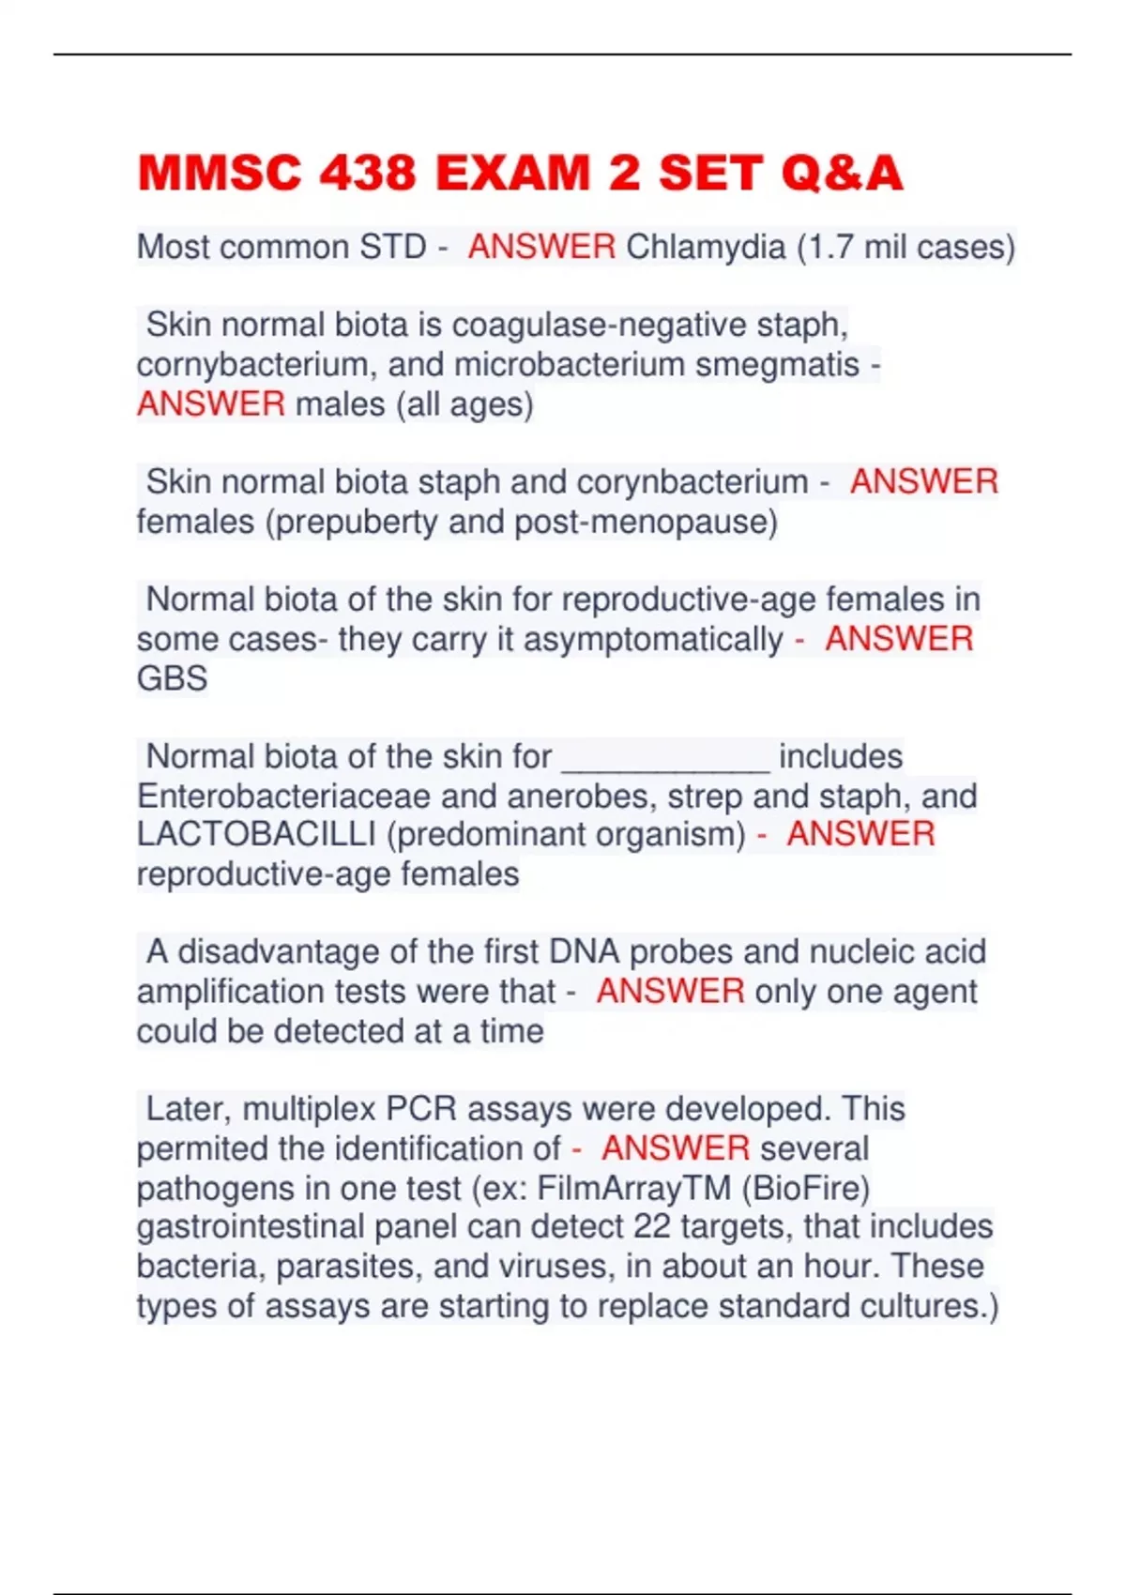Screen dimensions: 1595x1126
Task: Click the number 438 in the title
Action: point(367,174)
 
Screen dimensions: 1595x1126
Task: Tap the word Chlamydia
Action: point(706,247)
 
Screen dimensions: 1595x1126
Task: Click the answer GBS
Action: point(172,678)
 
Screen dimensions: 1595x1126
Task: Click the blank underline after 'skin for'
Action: point(665,757)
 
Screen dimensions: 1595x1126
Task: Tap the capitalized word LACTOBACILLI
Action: point(256,835)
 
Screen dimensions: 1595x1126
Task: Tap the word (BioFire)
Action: point(806,1189)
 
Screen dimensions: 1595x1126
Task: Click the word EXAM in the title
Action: point(512,174)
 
